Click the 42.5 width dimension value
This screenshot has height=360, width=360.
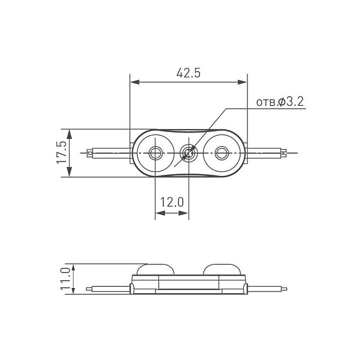[x=189, y=73]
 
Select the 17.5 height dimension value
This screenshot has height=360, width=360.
[x=62, y=153]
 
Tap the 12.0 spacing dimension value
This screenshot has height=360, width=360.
[x=172, y=202]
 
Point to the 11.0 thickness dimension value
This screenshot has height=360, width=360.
[x=65, y=279]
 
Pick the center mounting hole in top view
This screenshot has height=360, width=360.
[x=189, y=153]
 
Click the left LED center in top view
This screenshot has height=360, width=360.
[x=155, y=153]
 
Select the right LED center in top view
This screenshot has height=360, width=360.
[x=222, y=153]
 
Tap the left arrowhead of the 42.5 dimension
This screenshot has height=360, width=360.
[x=134, y=82]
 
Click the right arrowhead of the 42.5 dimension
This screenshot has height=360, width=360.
[x=242, y=82]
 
